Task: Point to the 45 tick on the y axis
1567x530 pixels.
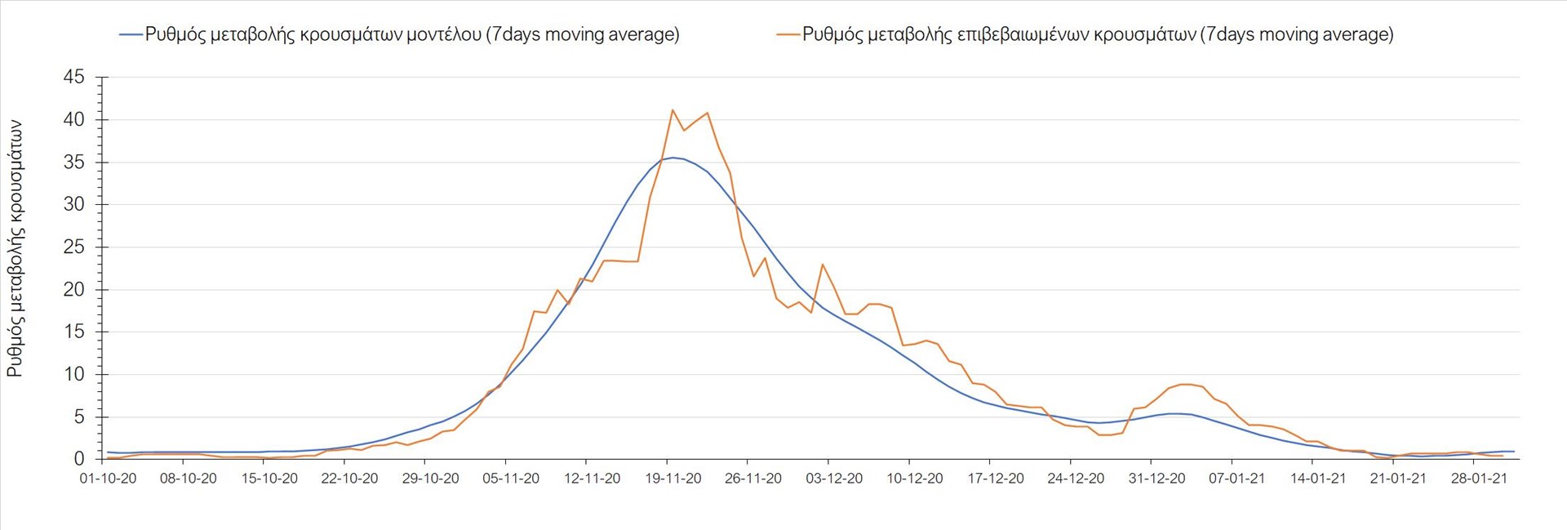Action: coord(74,77)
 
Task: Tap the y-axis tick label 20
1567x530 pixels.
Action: coord(74,289)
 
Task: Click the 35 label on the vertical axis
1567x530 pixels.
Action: coord(74,162)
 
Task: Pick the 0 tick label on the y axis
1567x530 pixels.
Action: coord(79,459)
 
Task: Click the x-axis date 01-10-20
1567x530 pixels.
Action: coord(108,479)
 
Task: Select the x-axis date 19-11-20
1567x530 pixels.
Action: coord(673,479)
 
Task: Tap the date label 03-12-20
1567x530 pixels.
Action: coord(834,479)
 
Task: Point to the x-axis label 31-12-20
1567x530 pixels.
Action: coord(1156,479)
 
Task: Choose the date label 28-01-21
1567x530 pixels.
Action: coord(1479,479)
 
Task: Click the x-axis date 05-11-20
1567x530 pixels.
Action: coord(511,479)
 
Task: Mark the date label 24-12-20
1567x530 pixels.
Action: coord(1076,479)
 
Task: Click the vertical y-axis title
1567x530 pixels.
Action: coord(16,249)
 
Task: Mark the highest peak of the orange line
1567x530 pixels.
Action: coord(672,109)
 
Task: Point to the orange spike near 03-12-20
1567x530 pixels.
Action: coord(822,265)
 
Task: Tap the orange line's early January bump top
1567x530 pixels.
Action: coord(1186,384)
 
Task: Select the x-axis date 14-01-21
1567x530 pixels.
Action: coord(1317,479)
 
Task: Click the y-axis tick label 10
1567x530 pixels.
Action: coord(74,374)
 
